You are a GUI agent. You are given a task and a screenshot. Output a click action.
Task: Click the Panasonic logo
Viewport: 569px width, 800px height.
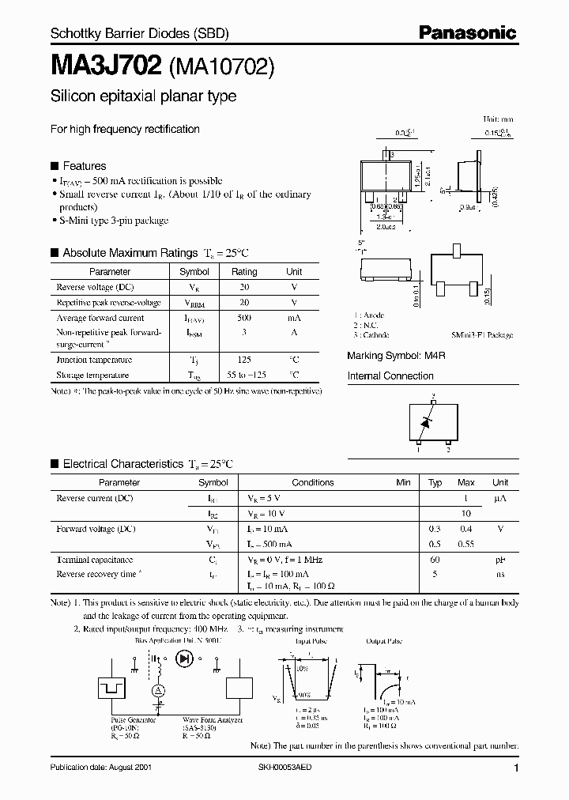468,33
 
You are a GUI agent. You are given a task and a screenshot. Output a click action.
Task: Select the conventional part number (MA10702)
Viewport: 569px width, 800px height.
222,67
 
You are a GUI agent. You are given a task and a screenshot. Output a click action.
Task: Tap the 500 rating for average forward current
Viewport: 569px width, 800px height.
244,318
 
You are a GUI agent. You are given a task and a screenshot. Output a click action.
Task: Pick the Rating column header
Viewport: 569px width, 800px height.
244,271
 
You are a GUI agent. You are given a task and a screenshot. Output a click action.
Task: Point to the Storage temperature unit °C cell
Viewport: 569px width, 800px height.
294,375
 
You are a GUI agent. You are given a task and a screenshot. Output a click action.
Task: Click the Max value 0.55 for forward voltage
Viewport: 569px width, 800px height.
466,544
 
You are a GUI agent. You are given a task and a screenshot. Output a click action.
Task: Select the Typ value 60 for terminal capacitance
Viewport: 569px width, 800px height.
435,559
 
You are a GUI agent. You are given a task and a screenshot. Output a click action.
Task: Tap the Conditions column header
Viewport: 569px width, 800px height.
313,482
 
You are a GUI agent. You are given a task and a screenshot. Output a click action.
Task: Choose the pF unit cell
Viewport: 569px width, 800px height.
500,559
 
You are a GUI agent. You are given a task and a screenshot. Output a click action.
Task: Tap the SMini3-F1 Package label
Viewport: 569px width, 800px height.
482,335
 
